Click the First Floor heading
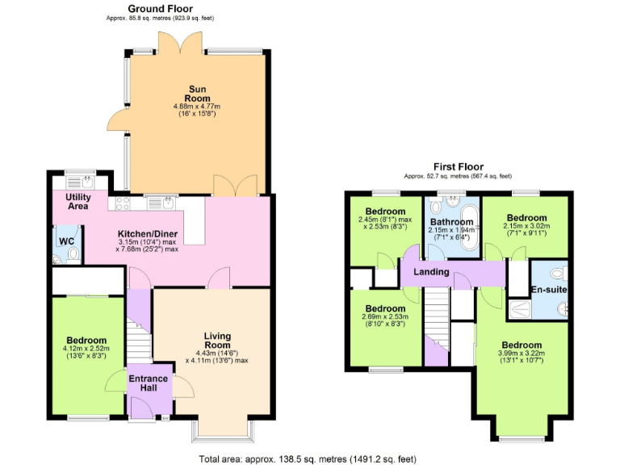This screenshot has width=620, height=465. point(457,167)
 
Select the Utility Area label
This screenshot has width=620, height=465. point(78,201)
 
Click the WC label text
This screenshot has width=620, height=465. point(65,240)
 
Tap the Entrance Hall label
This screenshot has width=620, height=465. point(149,383)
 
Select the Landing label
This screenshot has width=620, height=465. point(431,272)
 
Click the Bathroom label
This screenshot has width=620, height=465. point(451,222)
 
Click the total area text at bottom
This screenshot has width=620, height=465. point(308,459)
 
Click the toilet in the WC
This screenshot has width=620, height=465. point(73,255)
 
